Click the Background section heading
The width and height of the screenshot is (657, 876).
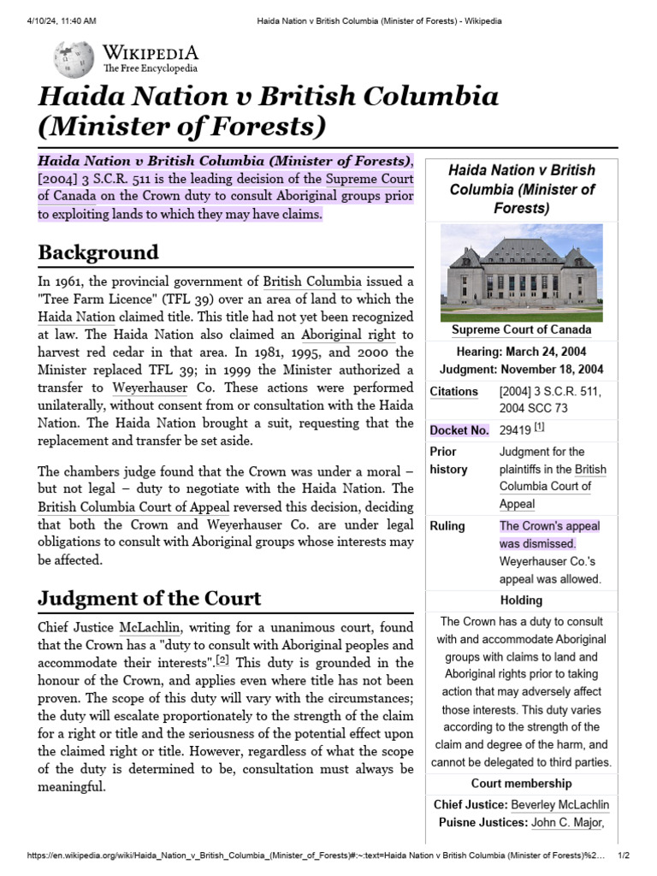[98, 252]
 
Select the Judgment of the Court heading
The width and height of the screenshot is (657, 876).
[150, 597]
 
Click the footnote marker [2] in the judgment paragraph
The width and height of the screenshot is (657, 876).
[222, 660]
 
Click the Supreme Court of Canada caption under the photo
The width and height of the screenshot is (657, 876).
[521, 330]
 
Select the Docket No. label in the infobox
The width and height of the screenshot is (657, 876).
[460, 430]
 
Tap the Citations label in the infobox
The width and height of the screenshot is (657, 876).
[454, 391]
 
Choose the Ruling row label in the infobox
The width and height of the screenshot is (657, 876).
[447, 525]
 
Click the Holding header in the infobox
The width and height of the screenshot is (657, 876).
[521, 600]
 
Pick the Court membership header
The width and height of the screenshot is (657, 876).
[521, 783]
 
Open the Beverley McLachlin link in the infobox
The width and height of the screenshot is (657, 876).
[559, 805]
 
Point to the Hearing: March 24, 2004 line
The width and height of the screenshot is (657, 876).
[521, 352]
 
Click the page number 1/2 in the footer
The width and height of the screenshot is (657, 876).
[624, 855]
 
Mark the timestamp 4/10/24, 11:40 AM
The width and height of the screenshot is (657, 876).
[61, 20]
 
